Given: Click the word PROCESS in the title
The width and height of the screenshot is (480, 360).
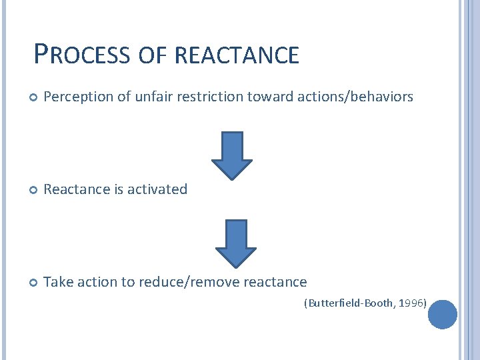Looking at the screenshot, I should (x=82, y=54).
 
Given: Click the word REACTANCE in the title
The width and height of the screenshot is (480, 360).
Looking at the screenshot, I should (x=237, y=55).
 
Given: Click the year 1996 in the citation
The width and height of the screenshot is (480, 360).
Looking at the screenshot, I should (x=413, y=303).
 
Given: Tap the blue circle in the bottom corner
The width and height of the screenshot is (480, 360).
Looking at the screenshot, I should (x=442, y=314).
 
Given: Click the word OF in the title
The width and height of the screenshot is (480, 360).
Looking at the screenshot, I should (x=153, y=55).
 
